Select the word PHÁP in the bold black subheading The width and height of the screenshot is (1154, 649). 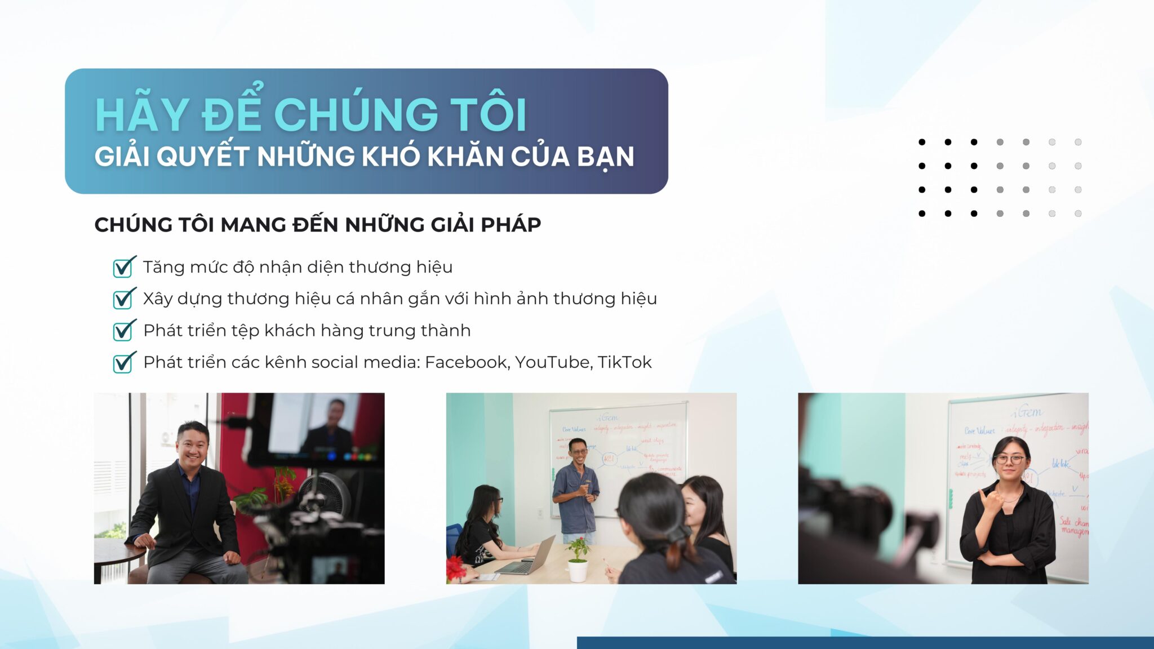point(511,225)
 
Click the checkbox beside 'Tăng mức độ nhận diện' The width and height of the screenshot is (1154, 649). point(123,268)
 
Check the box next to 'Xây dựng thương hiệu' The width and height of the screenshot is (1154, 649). point(123,299)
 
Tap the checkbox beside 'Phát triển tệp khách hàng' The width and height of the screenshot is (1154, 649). point(123,331)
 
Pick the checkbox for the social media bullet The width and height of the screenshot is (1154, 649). point(123,363)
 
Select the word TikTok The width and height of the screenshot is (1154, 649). point(624,362)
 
